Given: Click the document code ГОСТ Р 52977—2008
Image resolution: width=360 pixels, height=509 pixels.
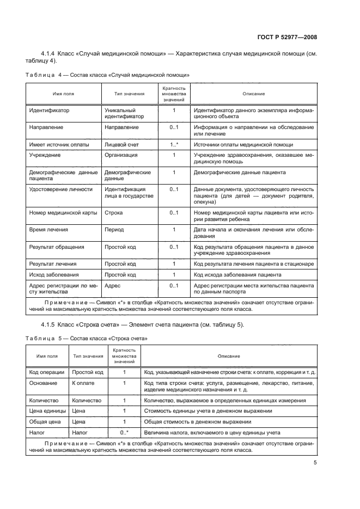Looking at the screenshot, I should click(x=288, y=38).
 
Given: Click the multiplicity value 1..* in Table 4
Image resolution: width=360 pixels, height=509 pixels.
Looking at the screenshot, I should click(x=174, y=145).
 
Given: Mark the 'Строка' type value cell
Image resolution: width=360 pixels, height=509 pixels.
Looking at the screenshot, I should click(x=113, y=213).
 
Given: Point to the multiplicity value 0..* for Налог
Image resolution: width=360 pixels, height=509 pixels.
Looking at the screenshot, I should click(x=124, y=432).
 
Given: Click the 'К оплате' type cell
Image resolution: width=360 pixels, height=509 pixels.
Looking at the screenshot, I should click(x=82, y=383).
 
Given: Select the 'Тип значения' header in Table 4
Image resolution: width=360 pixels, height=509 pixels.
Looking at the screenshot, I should click(x=129, y=94).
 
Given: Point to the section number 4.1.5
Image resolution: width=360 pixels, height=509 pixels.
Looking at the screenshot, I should click(x=51, y=325).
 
